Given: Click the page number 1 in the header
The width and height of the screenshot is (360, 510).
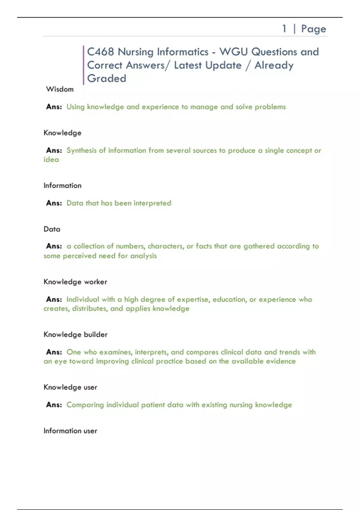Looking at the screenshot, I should click(284, 29).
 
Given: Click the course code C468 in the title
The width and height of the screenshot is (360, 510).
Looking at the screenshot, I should click(100, 52).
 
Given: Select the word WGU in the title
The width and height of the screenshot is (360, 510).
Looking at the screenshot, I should click(233, 52).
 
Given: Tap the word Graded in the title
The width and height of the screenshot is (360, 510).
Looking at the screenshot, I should click(106, 78).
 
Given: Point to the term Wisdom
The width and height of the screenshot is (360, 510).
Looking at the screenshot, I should click(60, 89).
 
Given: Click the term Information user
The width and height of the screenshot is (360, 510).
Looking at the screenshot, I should click(70, 431).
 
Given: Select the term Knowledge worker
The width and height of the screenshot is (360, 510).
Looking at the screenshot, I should click(75, 282).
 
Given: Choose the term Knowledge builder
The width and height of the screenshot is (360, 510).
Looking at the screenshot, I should click(75, 334).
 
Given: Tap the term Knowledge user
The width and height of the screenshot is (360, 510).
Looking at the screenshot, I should click(70, 387).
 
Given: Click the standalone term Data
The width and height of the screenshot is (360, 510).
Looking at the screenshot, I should click(52, 229).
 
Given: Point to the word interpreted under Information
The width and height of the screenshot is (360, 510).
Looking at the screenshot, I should click(152, 203).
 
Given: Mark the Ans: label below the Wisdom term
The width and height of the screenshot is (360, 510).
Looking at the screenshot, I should click(54, 107).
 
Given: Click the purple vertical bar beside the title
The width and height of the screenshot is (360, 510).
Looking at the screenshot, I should click(83, 65).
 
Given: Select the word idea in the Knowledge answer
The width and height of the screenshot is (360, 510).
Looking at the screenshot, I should click(51, 160).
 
